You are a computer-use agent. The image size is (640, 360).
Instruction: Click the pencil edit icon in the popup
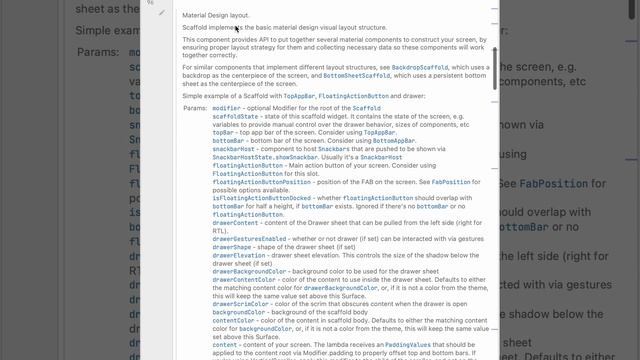162,13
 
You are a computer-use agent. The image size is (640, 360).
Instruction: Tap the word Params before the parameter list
196,106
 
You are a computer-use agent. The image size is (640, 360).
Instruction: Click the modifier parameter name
226,106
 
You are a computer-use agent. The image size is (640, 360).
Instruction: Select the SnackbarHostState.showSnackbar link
253,157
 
